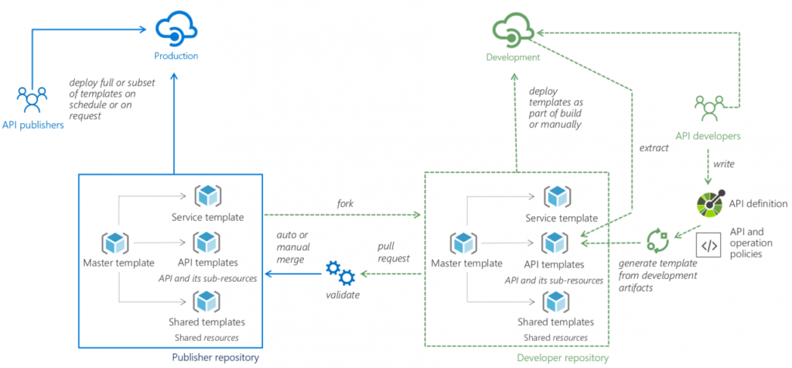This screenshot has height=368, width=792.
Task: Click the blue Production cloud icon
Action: click(176, 29)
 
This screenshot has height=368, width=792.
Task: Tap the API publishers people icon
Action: click(32, 99)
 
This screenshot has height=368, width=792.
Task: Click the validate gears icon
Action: click(340, 273)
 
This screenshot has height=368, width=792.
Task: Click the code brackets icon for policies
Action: click(708, 246)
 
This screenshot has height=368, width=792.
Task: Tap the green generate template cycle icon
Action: click(658, 239)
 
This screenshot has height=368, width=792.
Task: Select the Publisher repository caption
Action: click(214, 357)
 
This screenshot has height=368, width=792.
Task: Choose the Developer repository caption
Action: click(562, 357)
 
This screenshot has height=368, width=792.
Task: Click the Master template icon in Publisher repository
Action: click(114, 242)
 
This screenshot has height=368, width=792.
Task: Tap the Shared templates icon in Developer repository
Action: click(556, 301)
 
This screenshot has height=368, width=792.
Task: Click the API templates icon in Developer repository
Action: click(556, 242)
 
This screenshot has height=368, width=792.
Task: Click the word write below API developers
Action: click(723, 163)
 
